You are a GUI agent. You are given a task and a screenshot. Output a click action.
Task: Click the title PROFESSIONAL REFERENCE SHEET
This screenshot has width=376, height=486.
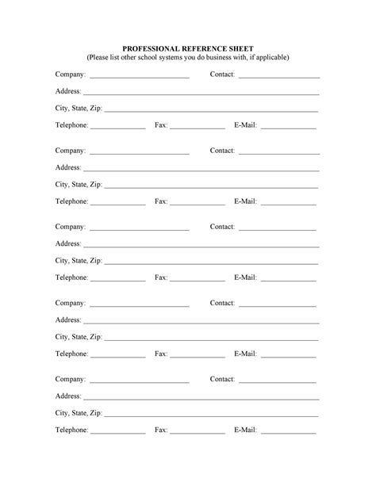(187, 48)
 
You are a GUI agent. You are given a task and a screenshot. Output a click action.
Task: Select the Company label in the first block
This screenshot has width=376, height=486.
(71, 75)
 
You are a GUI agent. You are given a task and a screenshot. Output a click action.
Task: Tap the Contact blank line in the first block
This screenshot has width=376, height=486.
(278, 77)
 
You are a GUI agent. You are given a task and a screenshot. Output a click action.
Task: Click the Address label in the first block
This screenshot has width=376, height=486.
(68, 91)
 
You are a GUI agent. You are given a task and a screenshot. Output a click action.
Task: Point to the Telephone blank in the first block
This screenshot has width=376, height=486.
(118, 128)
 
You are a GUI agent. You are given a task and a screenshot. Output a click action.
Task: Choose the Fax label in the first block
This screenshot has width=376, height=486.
(161, 125)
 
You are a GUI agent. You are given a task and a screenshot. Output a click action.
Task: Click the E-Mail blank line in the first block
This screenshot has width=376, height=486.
(288, 128)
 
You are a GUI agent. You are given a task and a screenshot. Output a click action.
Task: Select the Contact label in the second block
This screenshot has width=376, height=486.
(222, 151)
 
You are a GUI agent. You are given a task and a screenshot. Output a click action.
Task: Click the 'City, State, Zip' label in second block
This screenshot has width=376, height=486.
(79, 185)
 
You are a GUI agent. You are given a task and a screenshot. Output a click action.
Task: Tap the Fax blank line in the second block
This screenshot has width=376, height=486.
(198, 205)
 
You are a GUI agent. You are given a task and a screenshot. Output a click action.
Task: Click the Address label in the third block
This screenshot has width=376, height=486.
(68, 243)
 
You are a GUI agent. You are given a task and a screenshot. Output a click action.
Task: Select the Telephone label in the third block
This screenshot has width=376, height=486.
(71, 277)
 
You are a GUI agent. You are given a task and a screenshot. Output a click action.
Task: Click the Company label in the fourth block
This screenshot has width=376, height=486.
(71, 303)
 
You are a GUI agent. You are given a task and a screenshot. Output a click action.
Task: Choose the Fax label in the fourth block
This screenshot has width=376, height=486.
(161, 354)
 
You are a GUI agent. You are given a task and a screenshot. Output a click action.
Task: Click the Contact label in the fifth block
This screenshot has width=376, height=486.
(222, 379)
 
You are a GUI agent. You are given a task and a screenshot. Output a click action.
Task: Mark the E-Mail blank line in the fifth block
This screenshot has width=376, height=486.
(288, 433)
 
